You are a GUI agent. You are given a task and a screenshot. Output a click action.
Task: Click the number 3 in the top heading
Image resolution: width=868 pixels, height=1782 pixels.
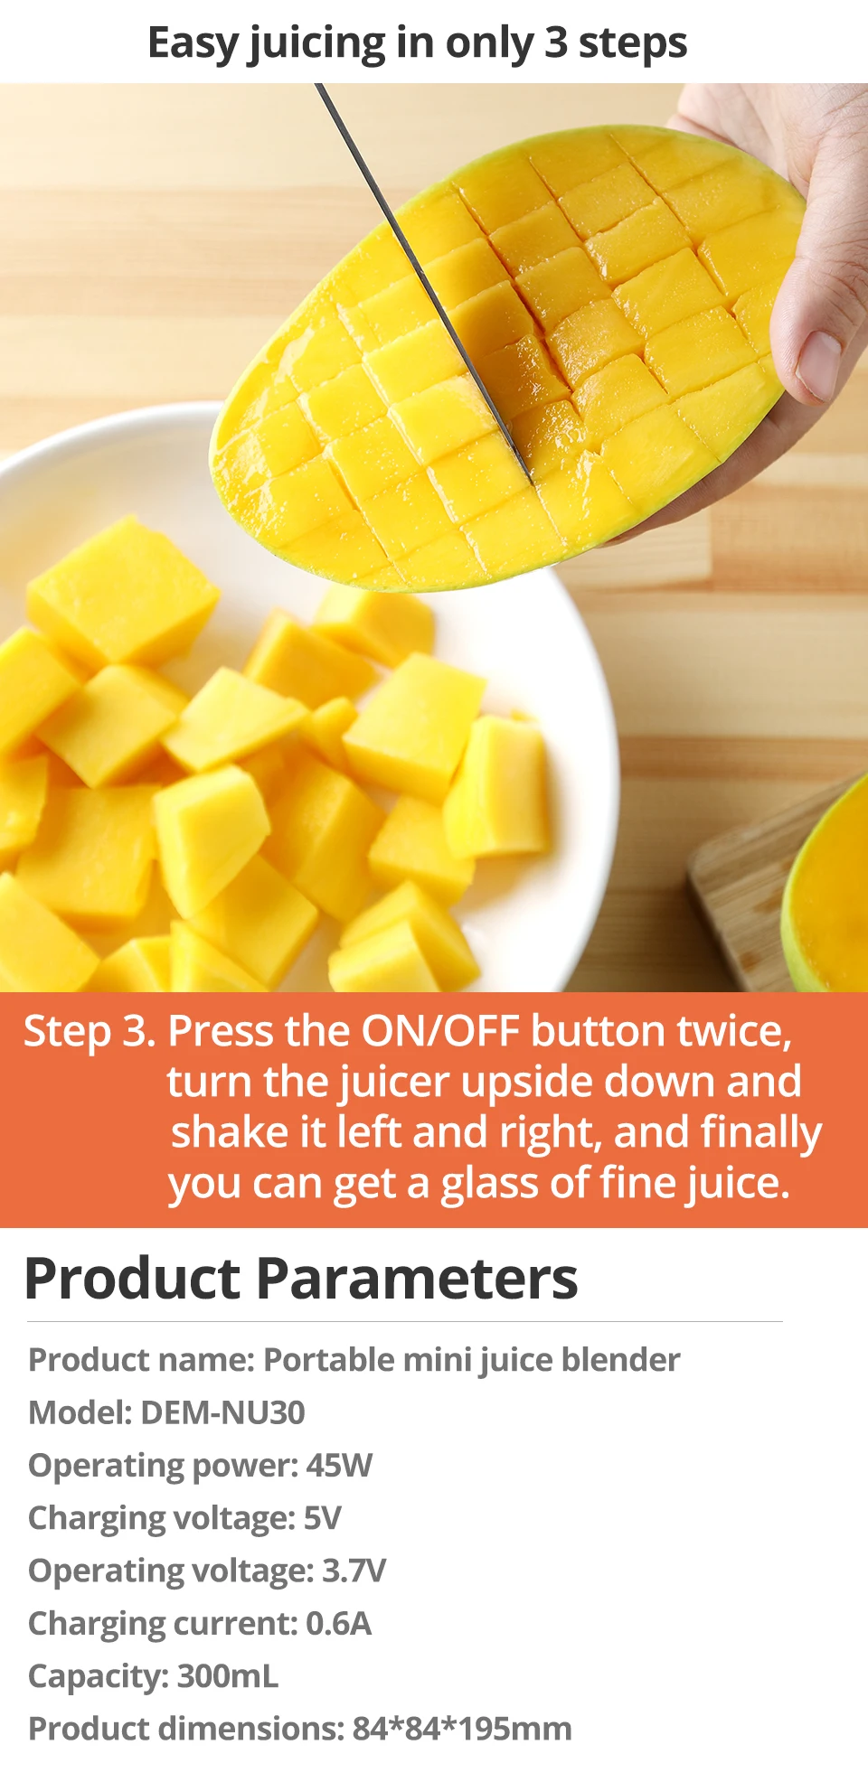556,42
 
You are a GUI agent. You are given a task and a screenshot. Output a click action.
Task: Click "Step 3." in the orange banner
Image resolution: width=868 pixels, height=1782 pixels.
90,1031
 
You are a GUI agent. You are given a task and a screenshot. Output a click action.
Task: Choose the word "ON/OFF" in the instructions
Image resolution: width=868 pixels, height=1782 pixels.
440,1030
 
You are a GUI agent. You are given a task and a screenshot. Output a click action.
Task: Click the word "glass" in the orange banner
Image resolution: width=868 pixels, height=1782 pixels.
489,1184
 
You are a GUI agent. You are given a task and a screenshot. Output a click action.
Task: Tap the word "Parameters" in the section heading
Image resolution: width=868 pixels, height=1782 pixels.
417,1279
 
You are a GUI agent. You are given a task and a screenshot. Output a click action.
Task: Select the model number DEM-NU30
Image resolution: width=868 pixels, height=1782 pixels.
223,1412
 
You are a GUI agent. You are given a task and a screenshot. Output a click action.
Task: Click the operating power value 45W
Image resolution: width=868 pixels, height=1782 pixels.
339,1465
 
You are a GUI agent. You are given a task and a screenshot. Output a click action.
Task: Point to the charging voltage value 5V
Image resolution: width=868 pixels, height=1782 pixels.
323,1518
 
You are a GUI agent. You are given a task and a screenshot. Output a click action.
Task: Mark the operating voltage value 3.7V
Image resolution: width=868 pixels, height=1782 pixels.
354,1571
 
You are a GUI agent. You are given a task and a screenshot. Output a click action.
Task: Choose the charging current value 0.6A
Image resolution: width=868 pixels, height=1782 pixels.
339,1623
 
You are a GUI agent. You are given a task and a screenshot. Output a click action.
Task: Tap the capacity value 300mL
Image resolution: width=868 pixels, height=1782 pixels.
229,1676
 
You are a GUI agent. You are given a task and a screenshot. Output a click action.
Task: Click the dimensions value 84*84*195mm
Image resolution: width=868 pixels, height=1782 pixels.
462,1729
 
